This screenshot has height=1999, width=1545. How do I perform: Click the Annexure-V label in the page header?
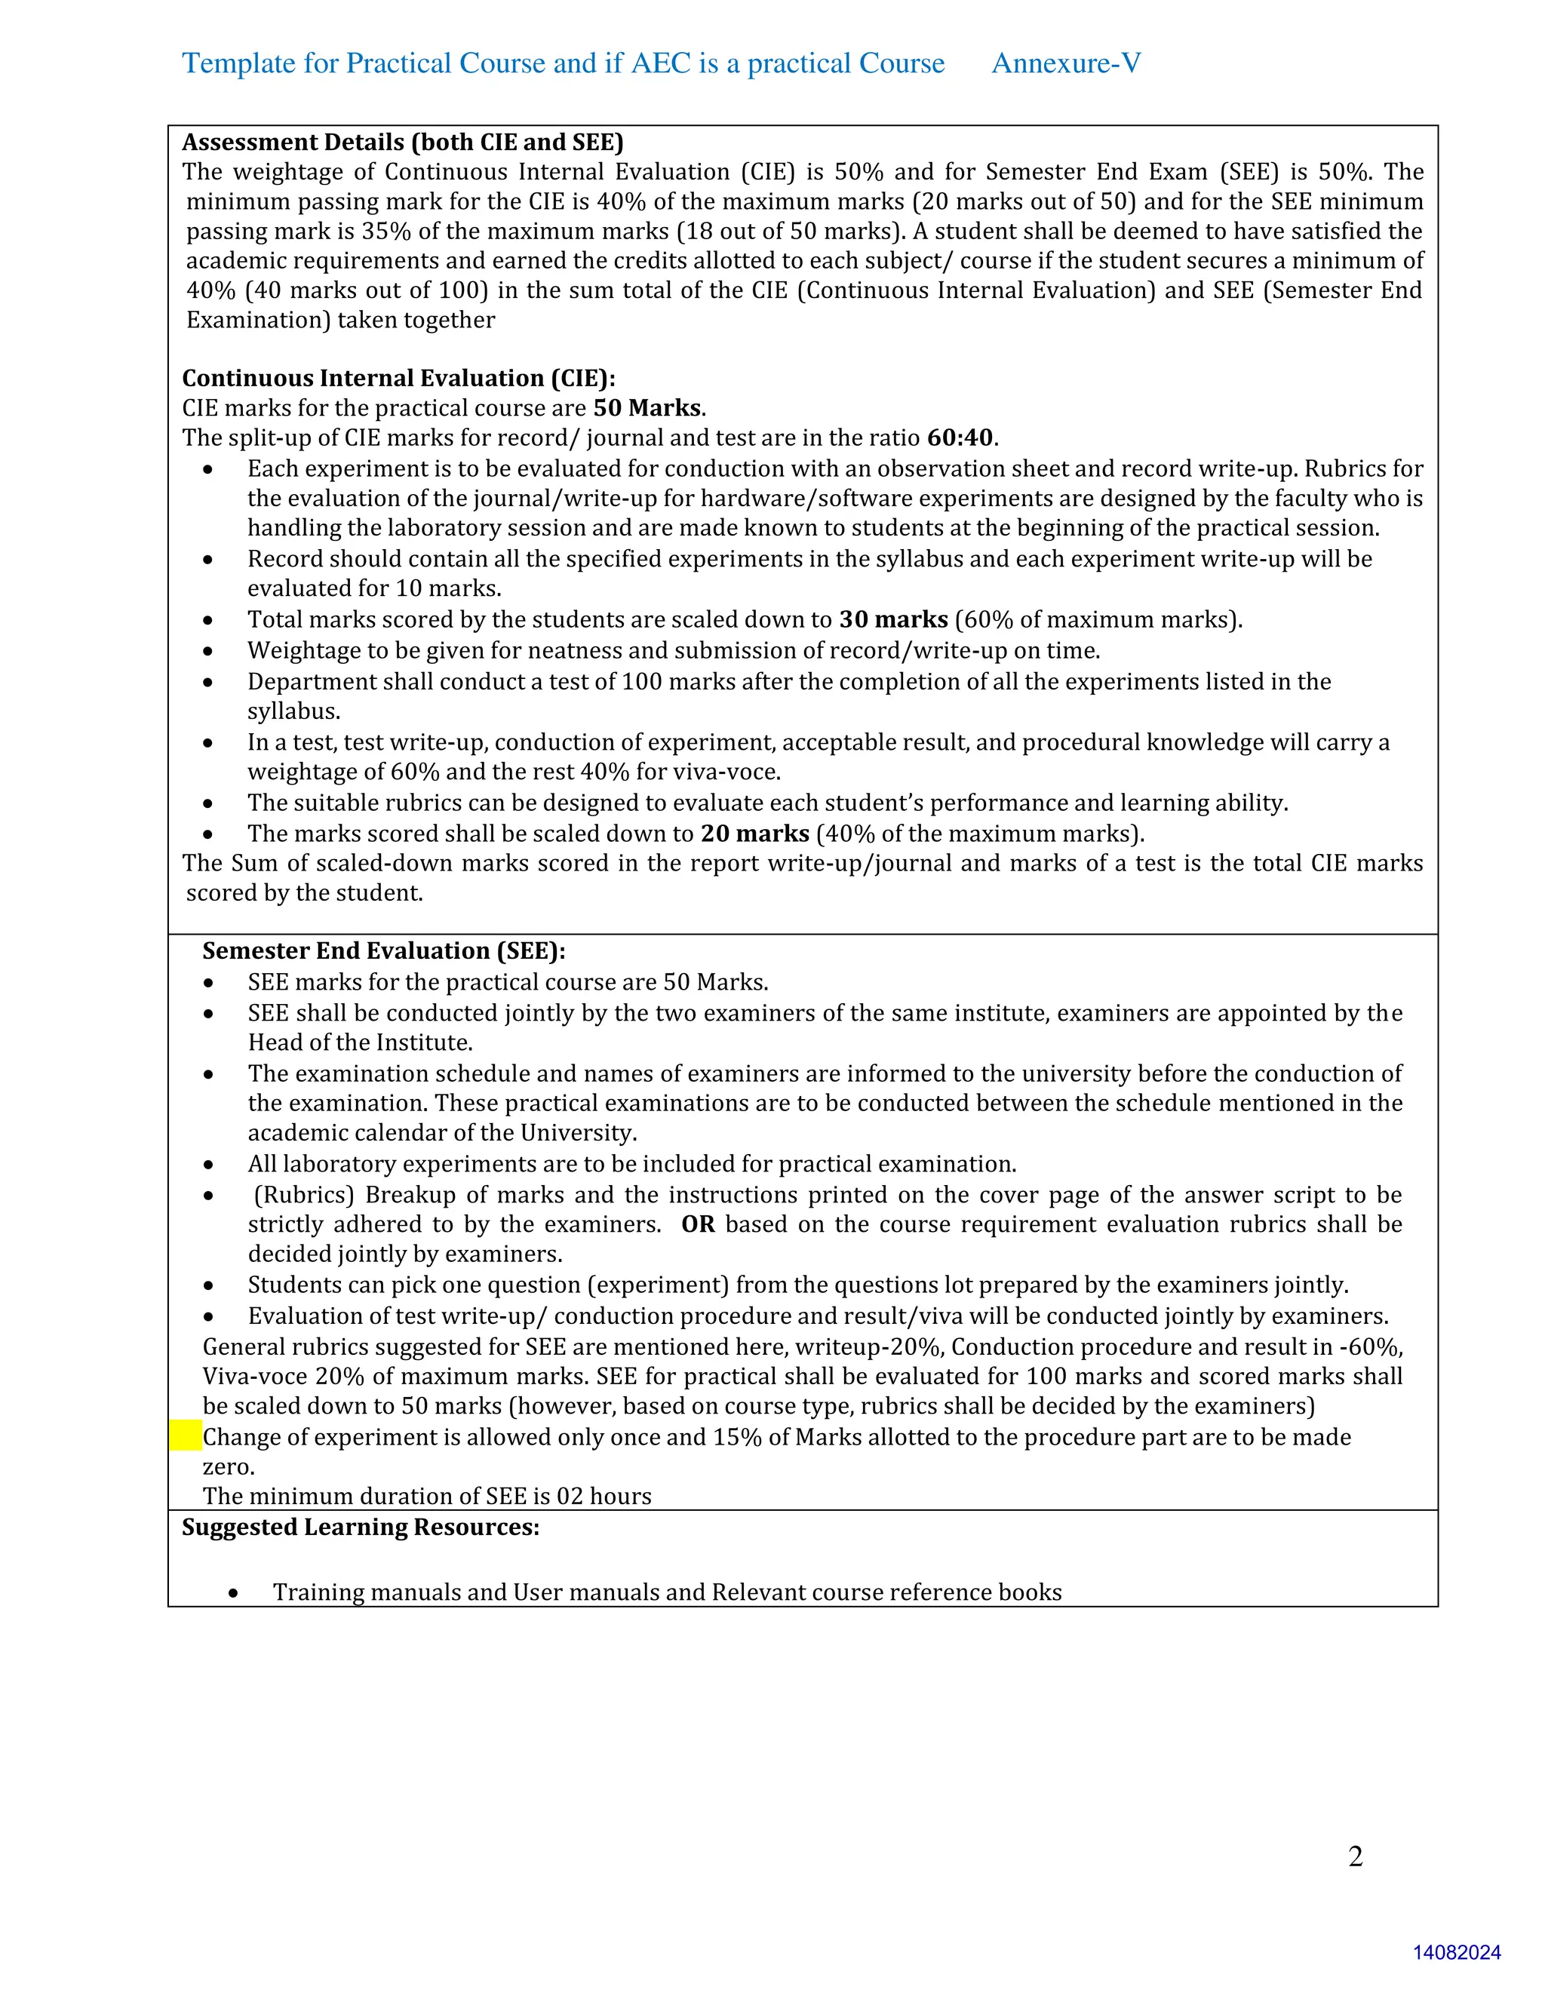(1065, 63)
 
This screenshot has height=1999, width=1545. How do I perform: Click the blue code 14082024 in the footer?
(1456, 1952)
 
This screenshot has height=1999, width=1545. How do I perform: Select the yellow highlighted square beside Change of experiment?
(186, 1436)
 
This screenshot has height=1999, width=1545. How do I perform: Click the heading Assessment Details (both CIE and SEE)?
(403, 142)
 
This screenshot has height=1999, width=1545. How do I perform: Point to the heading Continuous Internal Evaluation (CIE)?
(398, 378)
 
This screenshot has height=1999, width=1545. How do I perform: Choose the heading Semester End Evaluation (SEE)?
(383, 951)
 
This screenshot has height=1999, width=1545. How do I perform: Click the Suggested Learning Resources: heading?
(361, 1527)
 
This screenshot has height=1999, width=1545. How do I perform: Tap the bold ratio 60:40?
(960, 438)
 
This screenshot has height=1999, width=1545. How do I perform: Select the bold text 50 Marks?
(648, 408)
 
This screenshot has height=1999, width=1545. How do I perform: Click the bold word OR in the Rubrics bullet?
(698, 1224)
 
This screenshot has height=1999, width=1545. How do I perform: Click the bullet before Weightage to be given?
(209, 652)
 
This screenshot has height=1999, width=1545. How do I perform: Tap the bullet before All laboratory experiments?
(209, 1165)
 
